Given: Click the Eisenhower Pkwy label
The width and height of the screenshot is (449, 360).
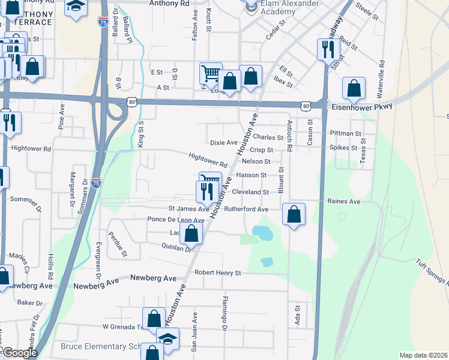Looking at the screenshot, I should (x=362, y=106).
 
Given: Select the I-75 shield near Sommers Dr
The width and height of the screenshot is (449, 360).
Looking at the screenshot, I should (x=96, y=184).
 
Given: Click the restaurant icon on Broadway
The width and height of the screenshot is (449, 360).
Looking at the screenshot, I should (x=328, y=49).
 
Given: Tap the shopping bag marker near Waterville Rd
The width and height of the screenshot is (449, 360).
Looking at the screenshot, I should (x=354, y=88).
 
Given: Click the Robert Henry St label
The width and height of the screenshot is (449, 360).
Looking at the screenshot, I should (x=217, y=273).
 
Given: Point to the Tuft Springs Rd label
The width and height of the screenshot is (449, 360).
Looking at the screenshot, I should (x=432, y=272).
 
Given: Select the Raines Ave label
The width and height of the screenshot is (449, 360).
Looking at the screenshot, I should (x=344, y=202).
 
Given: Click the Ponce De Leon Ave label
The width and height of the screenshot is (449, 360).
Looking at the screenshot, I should (x=176, y=220).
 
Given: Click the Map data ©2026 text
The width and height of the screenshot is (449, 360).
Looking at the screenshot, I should (x=423, y=355).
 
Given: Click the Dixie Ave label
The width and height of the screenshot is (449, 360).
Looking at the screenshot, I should (x=224, y=143).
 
